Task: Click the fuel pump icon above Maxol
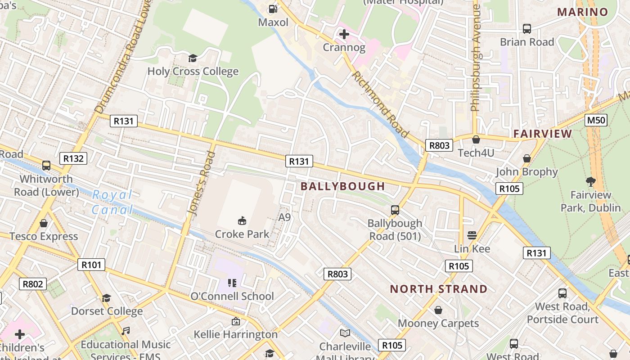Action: (273, 9)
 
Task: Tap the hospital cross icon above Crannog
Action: (344, 34)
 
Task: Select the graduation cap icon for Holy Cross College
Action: (193, 58)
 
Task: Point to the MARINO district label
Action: (583, 12)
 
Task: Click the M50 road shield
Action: (596, 120)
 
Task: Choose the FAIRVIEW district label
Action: (543, 134)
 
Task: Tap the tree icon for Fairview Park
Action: (591, 182)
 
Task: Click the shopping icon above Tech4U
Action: (476, 139)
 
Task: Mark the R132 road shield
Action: (73, 158)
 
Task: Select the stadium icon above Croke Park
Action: (242, 220)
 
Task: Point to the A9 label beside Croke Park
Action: (284, 217)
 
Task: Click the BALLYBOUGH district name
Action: (343, 186)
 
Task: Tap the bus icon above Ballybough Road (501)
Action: (395, 210)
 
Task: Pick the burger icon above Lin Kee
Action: (472, 235)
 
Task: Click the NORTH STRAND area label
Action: (439, 289)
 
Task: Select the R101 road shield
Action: (91, 265)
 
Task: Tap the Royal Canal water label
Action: (112, 202)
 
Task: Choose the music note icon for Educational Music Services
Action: (126, 331)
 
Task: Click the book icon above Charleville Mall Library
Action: (345, 333)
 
